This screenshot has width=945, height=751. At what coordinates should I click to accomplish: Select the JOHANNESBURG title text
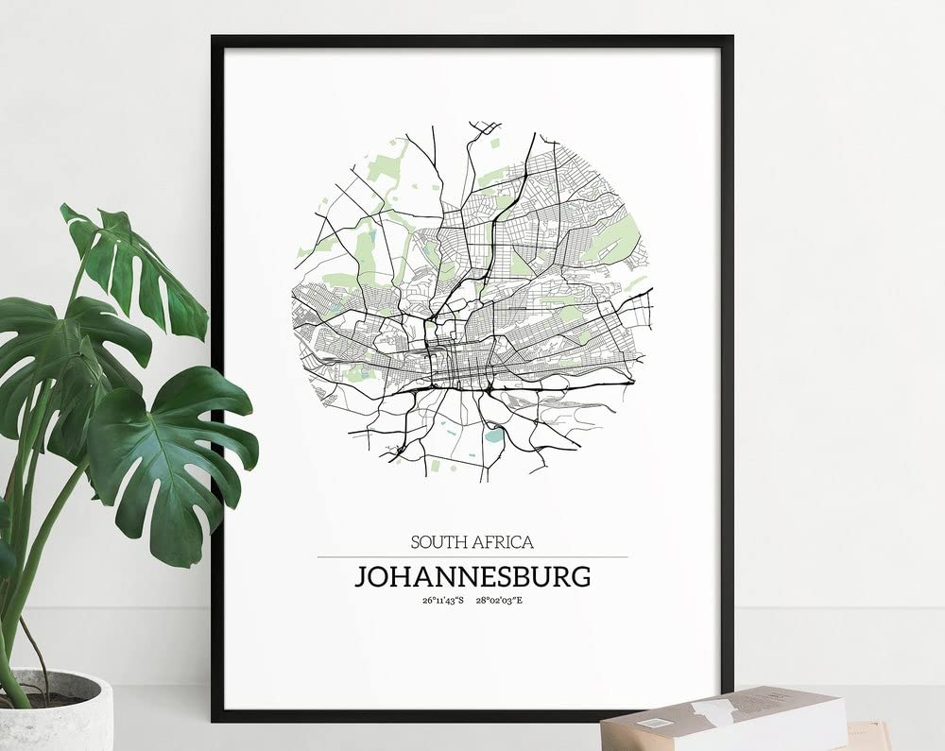472,576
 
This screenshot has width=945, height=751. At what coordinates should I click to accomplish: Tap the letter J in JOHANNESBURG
361,576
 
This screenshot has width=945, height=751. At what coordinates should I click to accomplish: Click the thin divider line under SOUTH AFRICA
472,557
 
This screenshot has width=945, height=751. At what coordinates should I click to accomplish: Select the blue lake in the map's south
493,435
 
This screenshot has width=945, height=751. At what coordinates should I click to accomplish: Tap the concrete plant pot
57,713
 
